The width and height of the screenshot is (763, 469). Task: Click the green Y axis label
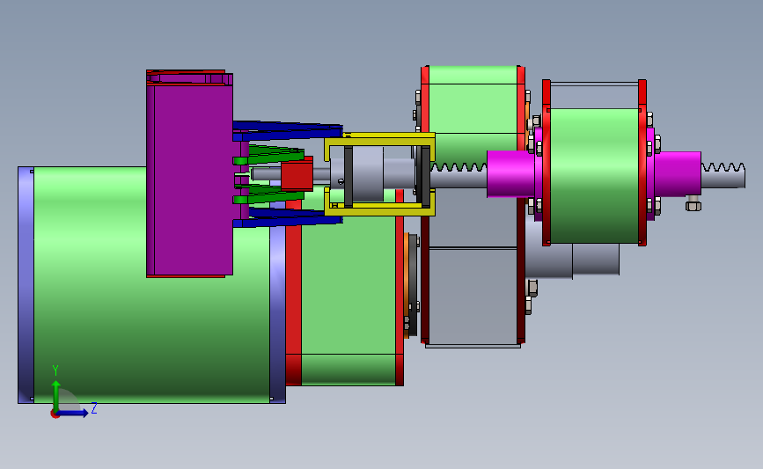[55, 370]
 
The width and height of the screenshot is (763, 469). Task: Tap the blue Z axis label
[94, 407]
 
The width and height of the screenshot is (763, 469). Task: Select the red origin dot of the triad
[55, 414]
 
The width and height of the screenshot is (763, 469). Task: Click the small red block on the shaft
[297, 176]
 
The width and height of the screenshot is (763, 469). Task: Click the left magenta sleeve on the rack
[511, 173]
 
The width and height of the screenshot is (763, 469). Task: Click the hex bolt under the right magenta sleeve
[693, 204]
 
